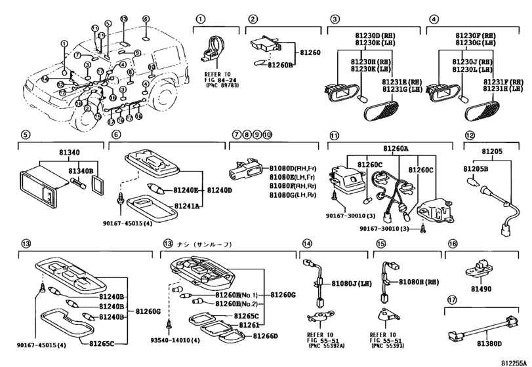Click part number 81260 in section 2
[x=311, y=50]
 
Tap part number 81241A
[x=186, y=205]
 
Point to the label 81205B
[x=478, y=168]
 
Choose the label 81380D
[x=490, y=343]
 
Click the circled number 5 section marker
[x=25, y=135]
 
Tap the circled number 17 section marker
[x=451, y=299]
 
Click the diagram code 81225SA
[x=512, y=361]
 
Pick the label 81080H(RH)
[x=420, y=283]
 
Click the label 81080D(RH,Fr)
[x=292, y=168]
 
